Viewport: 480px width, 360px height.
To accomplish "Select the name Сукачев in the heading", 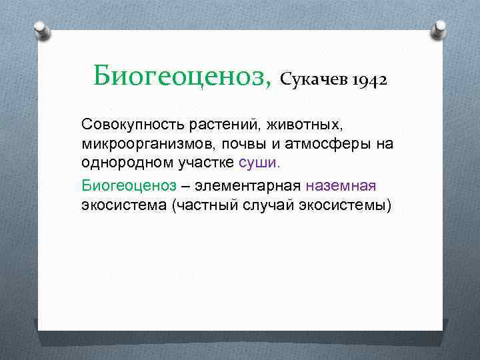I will [316, 80].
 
